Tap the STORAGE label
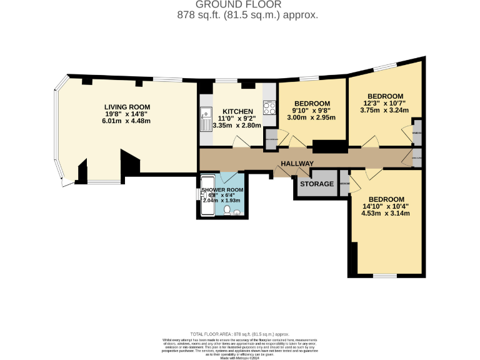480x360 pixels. tap(316, 184)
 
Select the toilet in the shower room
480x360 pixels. tap(226, 210)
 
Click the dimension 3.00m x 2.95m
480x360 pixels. tap(312, 117)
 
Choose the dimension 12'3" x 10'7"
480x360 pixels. tap(385, 103)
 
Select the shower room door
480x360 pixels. tap(229, 176)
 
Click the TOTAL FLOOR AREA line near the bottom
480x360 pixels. tap(239, 334)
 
